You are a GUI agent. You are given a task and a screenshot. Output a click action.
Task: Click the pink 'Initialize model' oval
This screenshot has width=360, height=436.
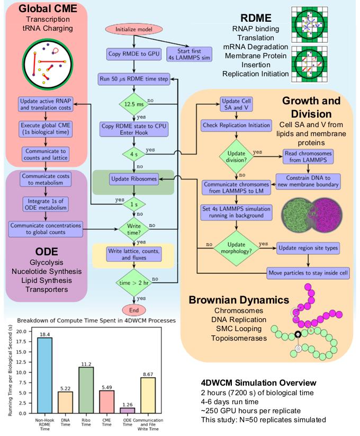(x=134, y=29)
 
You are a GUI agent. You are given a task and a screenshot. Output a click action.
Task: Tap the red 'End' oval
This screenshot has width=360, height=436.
(x=134, y=310)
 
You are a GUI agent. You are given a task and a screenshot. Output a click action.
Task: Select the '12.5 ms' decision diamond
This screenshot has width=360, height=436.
(x=134, y=104)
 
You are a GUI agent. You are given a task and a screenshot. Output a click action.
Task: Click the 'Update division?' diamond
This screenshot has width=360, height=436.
(x=237, y=157)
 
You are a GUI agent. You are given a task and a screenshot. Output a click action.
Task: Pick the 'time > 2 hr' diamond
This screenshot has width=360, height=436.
(x=134, y=283)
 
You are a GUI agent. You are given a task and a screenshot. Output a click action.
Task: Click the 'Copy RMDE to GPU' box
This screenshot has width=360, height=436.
(x=134, y=54)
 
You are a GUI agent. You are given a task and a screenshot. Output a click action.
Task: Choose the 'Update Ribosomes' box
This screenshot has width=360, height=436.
(x=134, y=179)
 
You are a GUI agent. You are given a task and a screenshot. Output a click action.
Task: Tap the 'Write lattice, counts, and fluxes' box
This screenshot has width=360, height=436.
(x=134, y=254)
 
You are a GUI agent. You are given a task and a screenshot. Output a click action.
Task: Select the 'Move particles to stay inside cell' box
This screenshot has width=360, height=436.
(x=308, y=273)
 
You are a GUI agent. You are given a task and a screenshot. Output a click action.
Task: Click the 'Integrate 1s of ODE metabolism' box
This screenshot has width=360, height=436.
(x=46, y=204)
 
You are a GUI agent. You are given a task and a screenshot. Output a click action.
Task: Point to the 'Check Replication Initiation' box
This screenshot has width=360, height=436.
(x=237, y=125)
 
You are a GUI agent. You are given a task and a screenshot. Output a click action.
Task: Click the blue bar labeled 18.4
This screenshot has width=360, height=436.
(x=44, y=376)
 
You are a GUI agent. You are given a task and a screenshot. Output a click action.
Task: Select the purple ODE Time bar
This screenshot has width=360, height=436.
(x=128, y=411)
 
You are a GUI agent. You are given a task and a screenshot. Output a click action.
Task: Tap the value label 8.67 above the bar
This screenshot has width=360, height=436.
(x=148, y=374)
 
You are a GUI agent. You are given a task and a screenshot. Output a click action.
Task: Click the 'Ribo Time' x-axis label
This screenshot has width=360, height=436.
(x=86, y=422)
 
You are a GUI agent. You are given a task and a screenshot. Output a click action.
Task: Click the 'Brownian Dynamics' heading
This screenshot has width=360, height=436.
(x=239, y=300)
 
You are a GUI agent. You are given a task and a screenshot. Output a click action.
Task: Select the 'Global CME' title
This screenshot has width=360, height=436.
(x=48, y=8)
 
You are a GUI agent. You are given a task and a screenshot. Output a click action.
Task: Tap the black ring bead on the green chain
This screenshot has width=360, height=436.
(x=298, y=334)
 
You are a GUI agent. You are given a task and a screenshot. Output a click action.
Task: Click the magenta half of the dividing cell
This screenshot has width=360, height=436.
(x=328, y=215)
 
